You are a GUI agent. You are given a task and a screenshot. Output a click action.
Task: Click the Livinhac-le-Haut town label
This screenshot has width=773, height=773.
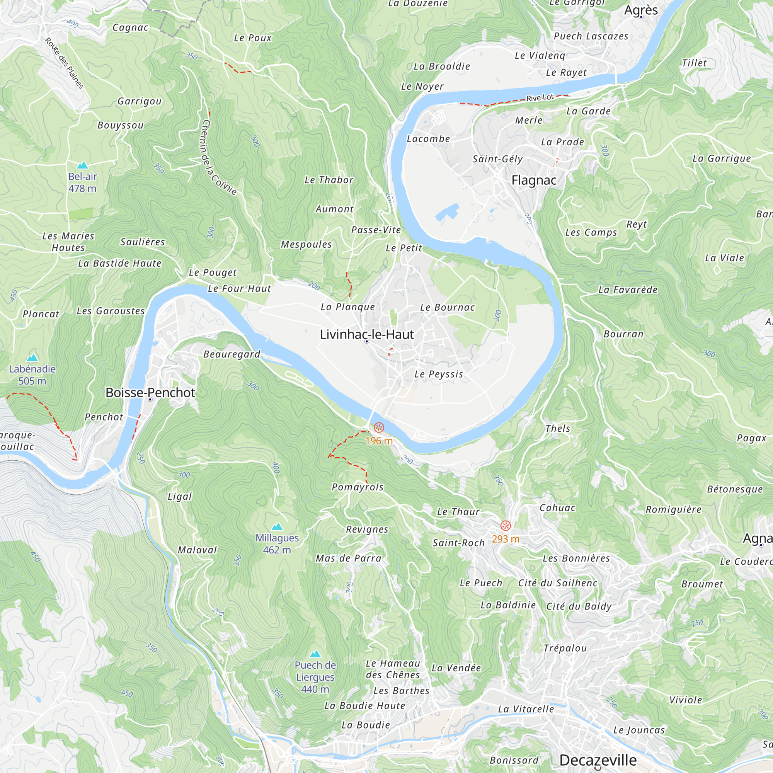(x=366, y=334)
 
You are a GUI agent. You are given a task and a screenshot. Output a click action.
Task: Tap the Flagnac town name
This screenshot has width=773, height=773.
(x=534, y=180)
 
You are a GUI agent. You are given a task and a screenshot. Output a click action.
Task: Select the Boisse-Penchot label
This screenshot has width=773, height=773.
(x=150, y=393)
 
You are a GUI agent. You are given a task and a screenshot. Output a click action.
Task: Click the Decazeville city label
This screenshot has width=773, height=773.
(x=598, y=760)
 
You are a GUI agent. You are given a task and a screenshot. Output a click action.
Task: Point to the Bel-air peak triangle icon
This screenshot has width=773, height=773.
(x=82, y=165)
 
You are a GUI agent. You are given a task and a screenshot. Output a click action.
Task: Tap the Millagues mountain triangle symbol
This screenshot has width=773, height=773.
(x=277, y=526)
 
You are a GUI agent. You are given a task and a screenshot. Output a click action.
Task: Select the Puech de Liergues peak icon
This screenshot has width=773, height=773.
(x=315, y=654)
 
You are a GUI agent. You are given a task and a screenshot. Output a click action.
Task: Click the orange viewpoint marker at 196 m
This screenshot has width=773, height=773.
(x=378, y=428)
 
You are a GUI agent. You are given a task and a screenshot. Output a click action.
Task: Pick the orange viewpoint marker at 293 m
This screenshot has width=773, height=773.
(x=506, y=525)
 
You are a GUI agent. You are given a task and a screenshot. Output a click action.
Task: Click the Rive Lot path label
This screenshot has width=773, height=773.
(x=540, y=98)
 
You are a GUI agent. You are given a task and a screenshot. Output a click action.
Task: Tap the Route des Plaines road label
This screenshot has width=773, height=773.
(x=64, y=63)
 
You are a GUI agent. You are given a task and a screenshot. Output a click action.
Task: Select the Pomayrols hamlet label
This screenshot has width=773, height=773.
(x=358, y=487)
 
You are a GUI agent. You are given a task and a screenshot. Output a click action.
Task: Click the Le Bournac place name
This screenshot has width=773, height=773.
(x=447, y=307)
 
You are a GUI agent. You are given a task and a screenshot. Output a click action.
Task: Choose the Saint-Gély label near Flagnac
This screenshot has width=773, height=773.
(x=497, y=159)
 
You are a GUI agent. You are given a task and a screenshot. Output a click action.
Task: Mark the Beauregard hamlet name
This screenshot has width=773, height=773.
(x=232, y=354)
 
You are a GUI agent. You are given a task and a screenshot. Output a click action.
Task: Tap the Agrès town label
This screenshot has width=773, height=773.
(x=641, y=10)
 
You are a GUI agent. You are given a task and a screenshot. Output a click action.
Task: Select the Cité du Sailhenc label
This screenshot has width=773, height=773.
(x=558, y=583)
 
